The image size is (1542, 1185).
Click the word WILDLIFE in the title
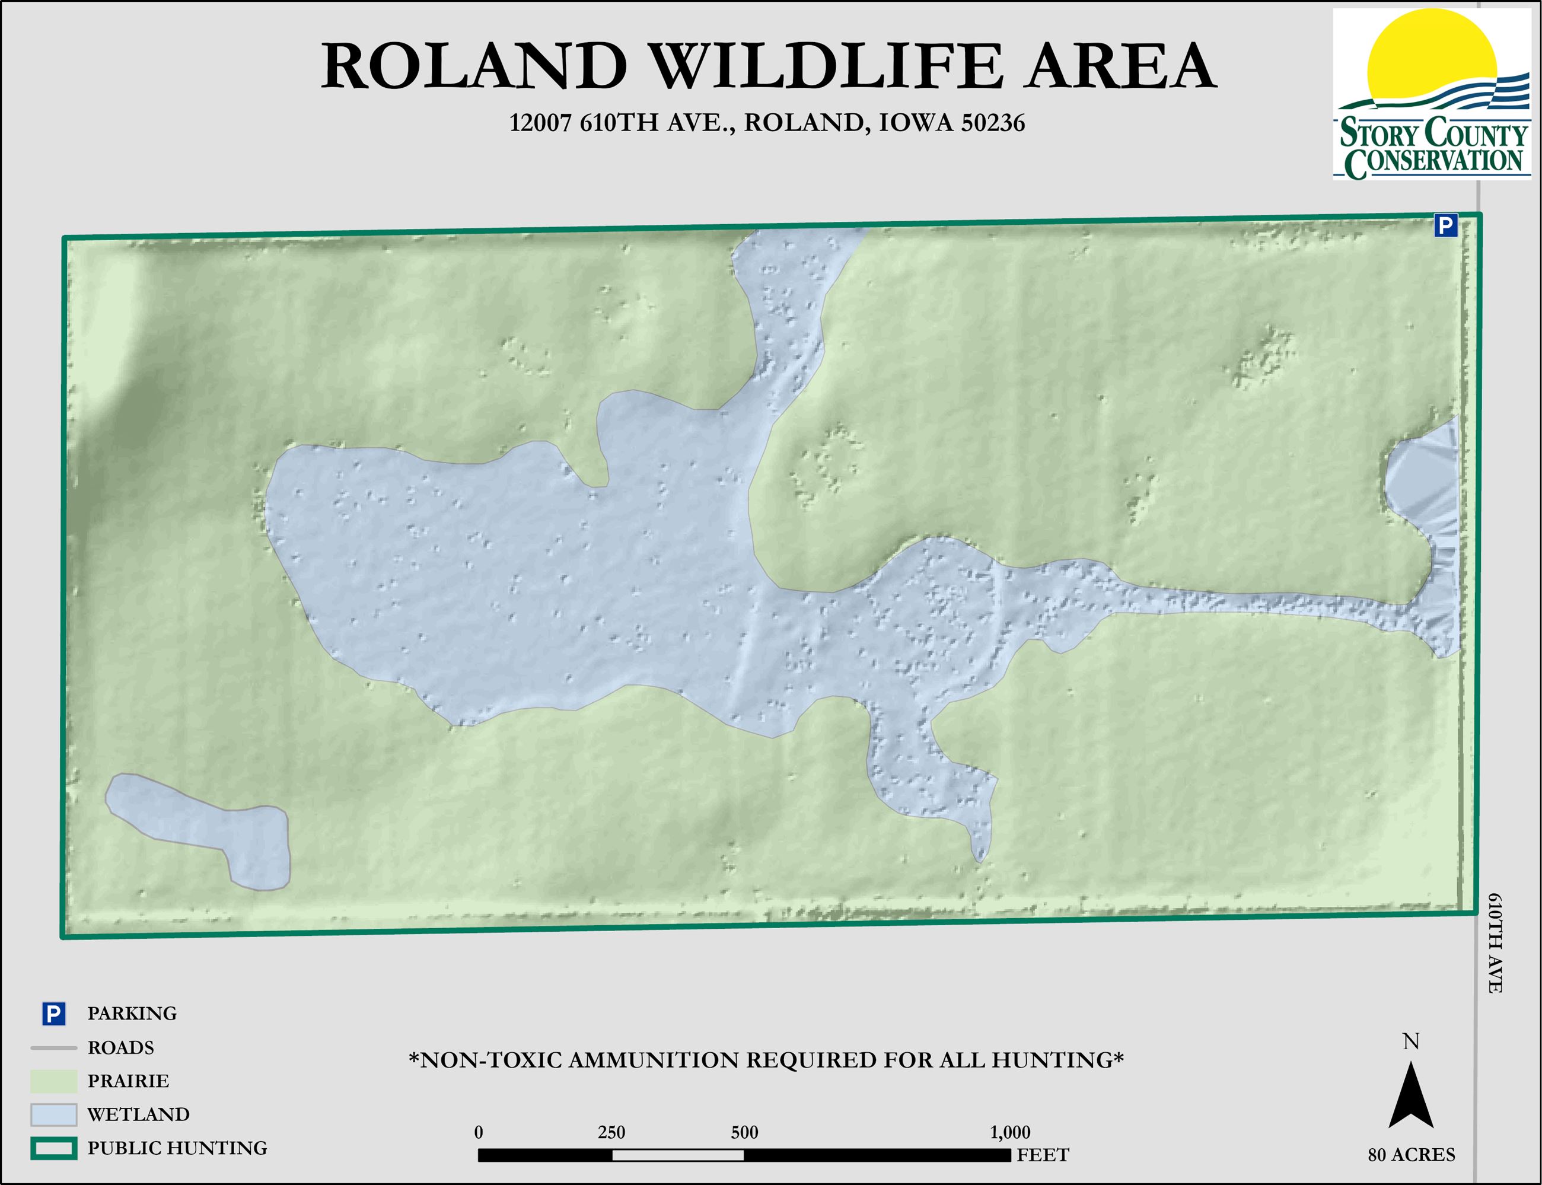[826, 66]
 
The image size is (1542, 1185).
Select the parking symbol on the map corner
[1445, 226]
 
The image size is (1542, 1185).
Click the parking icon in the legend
[53, 1014]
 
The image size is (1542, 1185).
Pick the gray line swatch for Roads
[53, 1047]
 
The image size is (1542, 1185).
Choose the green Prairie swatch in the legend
[53, 1081]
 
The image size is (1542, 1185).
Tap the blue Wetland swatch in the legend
[53, 1114]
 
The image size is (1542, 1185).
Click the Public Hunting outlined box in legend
[53, 1148]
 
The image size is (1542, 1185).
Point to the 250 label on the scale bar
[611, 1132]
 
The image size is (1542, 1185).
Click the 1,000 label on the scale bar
[1009, 1132]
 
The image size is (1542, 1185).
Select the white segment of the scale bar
[677, 1155]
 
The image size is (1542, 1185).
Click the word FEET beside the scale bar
[1043, 1155]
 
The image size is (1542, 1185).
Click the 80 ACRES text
[1412, 1155]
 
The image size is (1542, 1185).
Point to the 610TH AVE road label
[1495, 943]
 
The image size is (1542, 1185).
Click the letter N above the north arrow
[1411, 1042]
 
